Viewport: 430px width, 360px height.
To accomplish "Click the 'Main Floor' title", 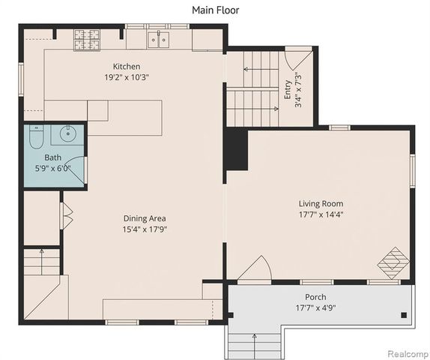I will [215, 9].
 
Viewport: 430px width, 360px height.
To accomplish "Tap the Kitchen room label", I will [127, 66].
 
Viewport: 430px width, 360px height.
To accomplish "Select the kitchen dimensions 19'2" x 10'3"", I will [127, 76].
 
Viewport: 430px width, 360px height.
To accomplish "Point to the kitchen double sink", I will [157, 39].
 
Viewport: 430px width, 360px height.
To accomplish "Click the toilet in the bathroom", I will [36, 136].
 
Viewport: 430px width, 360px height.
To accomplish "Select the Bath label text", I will [52, 157].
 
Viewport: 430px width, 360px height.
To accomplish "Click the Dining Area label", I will [145, 218].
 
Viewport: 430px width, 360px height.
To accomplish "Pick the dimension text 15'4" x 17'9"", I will [145, 229].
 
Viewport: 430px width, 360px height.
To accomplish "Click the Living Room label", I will [321, 203].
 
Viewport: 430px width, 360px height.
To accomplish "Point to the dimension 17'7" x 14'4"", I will [321, 214].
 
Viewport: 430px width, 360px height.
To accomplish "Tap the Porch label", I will [321, 297].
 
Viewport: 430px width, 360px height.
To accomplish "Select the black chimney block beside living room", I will [237, 149].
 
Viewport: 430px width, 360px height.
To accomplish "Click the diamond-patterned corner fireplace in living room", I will [393, 262].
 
